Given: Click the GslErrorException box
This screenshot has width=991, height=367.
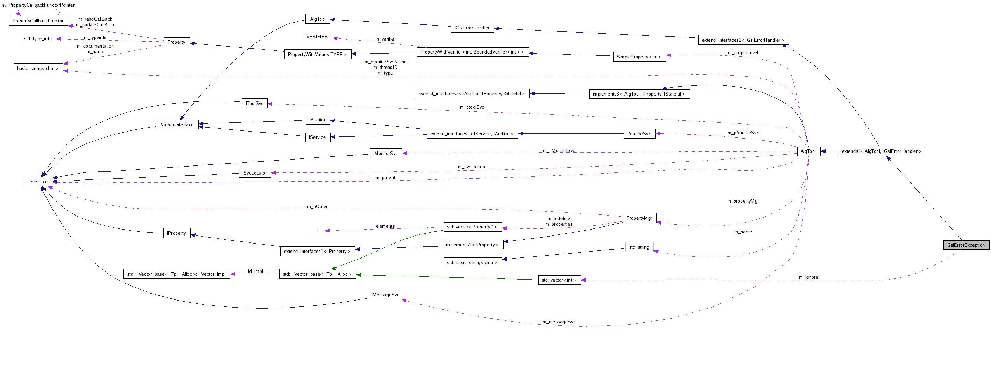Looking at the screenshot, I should pyautogui.click(x=965, y=245).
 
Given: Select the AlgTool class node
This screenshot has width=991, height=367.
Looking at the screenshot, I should pyautogui.click(x=808, y=151).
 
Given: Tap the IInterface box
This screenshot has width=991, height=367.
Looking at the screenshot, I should pyautogui.click(x=38, y=182).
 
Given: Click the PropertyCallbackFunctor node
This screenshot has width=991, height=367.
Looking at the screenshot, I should pyautogui.click(x=38, y=21).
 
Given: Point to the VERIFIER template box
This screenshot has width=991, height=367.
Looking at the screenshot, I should pyautogui.click(x=317, y=36).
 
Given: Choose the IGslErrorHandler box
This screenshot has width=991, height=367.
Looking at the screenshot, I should pyautogui.click(x=472, y=28).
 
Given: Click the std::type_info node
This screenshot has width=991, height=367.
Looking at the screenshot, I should pyautogui.click(x=38, y=39).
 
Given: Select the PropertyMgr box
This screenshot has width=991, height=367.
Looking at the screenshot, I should pyautogui.click(x=639, y=218).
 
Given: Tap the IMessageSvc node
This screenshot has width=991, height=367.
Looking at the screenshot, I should pyautogui.click(x=385, y=295).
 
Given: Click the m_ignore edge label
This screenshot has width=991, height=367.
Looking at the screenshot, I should pyautogui.click(x=808, y=277).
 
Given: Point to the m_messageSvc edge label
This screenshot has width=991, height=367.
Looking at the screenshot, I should pyautogui.click(x=559, y=322).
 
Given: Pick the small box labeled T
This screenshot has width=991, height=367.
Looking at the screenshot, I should pyautogui.click(x=317, y=231).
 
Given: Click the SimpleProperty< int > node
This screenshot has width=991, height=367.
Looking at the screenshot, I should pyautogui.click(x=639, y=57).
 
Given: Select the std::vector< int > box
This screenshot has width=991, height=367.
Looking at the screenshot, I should pyautogui.click(x=559, y=280).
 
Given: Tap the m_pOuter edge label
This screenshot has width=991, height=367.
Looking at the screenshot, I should pyautogui.click(x=317, y=206).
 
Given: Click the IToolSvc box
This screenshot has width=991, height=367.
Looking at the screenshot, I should pyautogui.click(x=254, y=104).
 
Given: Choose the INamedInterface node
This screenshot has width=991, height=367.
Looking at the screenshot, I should pyautogui.click(x=177, y=125).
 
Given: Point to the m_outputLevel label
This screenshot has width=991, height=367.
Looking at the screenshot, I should pyautogui.click(x=743, y=53).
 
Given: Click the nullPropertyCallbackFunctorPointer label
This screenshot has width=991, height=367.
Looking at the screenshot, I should pyautogui.click(x=38, y=5).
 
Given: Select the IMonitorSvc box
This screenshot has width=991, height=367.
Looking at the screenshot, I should pyautogui.click(x=385, y=154).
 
